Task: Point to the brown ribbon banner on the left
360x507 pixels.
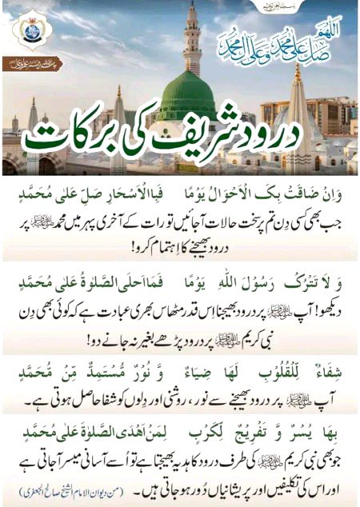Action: click(x=37, y=66)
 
